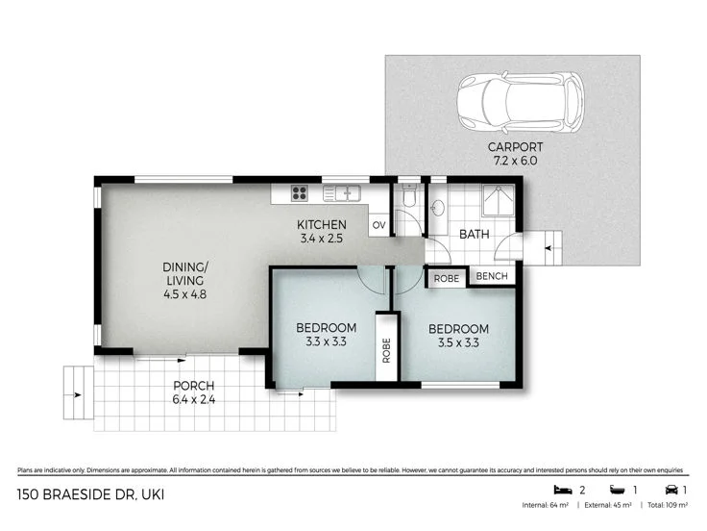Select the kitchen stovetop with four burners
coord(299,192)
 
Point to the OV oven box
coord(378,226)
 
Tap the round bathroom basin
coord(438,207)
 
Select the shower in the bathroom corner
coord(499,200)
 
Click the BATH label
coord(475,234)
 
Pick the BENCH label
coord(492,277)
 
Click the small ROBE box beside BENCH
coord(447,277)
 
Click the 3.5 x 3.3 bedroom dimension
coord(458,341)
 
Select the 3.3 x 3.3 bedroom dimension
coord(325,341)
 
